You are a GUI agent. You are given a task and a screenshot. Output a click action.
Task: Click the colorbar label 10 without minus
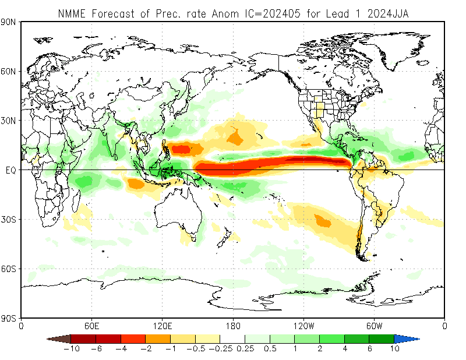pyautogui.click(x=394, y=349)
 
